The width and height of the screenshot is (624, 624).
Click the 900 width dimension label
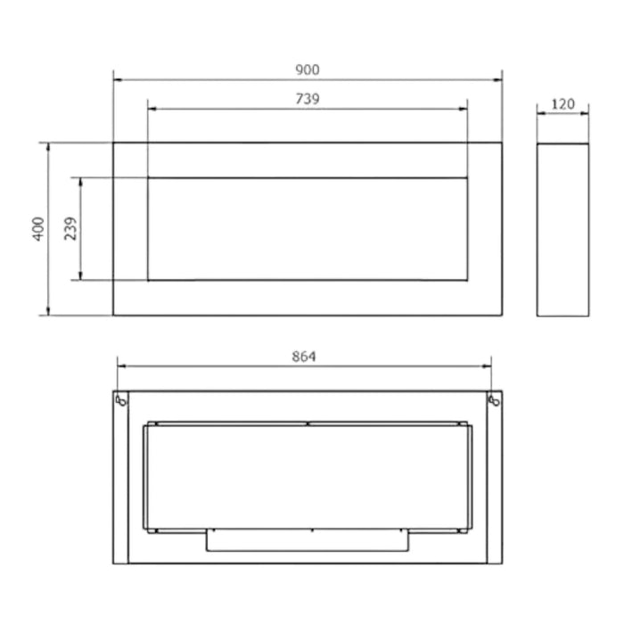pos(308,70)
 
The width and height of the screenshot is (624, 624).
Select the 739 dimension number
pos(308,99)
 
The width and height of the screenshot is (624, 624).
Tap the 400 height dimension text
pos(38,228)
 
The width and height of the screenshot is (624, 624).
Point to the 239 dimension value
pos(70,228)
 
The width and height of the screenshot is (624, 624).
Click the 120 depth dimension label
pos(562,104)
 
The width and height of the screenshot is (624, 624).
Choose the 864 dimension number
pos(304,357)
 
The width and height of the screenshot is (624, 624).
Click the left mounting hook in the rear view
pos(121,400)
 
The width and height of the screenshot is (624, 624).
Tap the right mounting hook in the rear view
pos(494,400)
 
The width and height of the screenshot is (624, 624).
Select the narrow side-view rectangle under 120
pos(562,230)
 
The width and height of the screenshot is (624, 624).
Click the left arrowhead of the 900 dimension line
pos(118,80)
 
